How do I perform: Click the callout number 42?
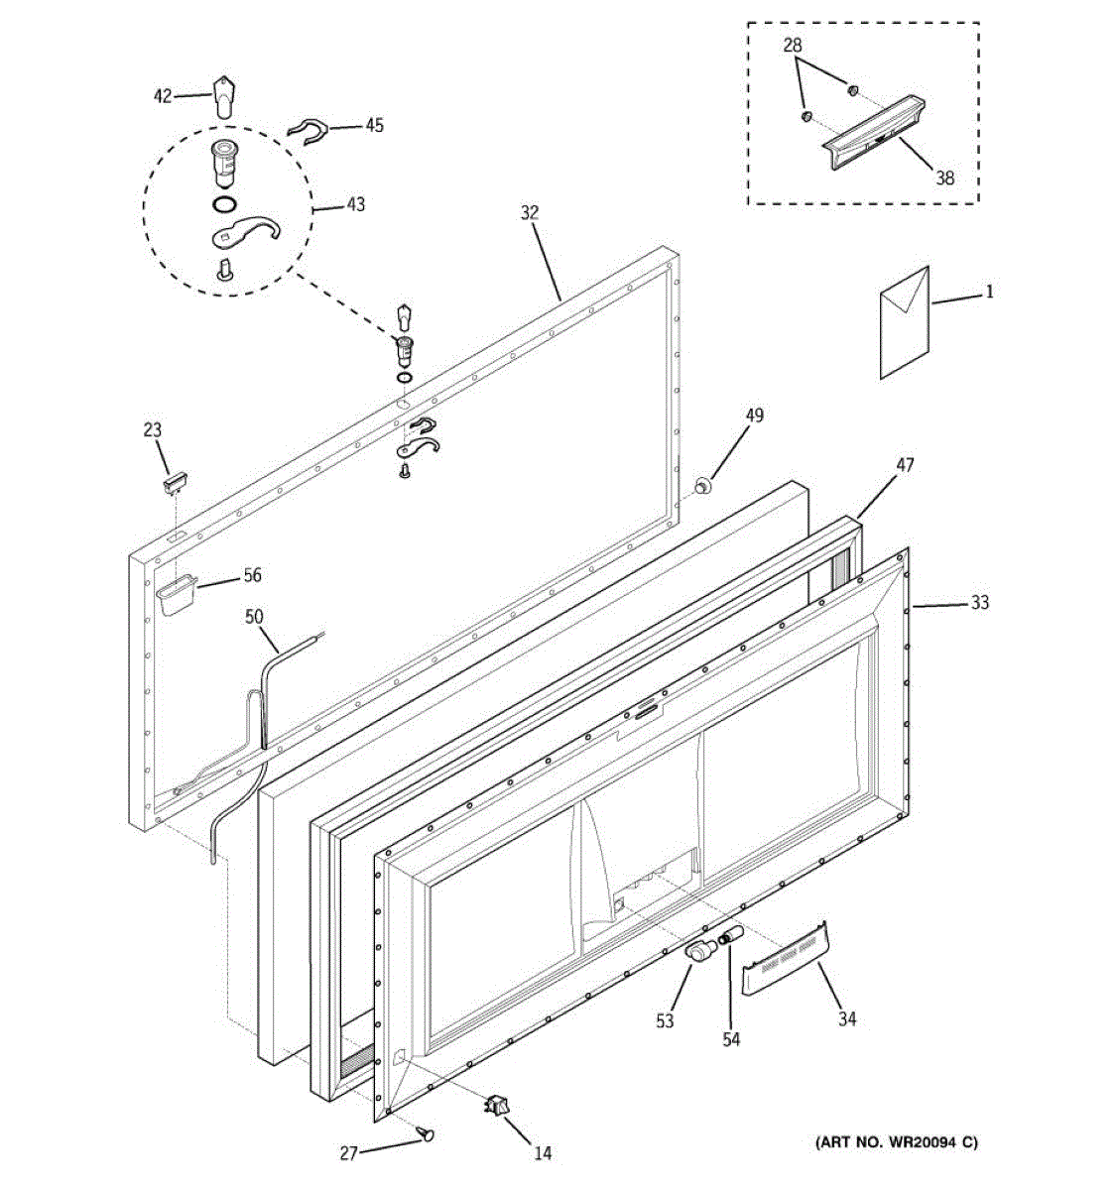162,96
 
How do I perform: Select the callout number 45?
374,125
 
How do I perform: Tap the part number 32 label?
529,212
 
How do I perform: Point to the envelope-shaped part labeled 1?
904,321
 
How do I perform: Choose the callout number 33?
980,602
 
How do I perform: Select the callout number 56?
252,575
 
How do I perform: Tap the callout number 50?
254,617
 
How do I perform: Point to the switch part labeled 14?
495,1104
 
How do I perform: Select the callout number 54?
731,1039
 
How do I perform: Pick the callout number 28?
793,45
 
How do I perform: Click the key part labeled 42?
225,95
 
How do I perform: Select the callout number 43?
354,204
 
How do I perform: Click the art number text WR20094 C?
896,1143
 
